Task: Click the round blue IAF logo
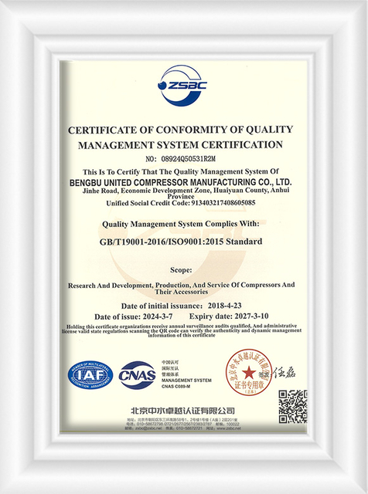click(90, 374)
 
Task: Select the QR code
click(292, 404)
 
